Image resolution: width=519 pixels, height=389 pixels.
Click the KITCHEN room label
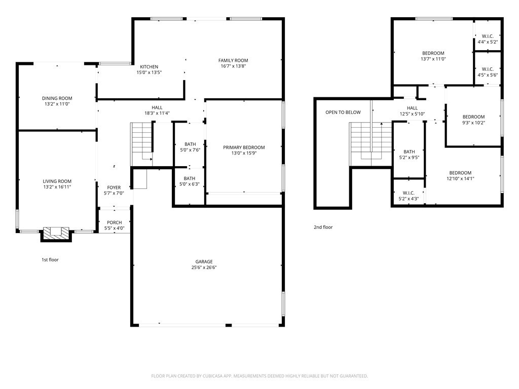(149, 67)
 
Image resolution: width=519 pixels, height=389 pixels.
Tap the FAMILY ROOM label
(233, 61)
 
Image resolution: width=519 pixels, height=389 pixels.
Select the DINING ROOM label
(57, 98)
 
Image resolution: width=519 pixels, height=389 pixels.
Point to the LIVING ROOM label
(57, 181)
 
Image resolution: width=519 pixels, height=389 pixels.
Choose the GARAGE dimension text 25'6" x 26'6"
(204, 267)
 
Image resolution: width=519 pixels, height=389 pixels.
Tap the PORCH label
(114, 223)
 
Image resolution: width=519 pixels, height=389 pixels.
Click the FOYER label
(114, 187)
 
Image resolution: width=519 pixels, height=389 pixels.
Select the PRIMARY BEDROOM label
(244, 147)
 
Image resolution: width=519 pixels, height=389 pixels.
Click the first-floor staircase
(142, 144)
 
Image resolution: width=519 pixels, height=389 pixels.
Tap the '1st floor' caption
(50, 260)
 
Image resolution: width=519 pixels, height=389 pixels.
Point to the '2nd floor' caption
(323, 227)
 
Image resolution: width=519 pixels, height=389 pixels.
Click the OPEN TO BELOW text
(343, 112)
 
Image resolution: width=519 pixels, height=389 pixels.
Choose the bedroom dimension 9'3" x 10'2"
(474, 123)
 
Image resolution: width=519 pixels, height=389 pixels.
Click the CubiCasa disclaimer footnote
(259, 376)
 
